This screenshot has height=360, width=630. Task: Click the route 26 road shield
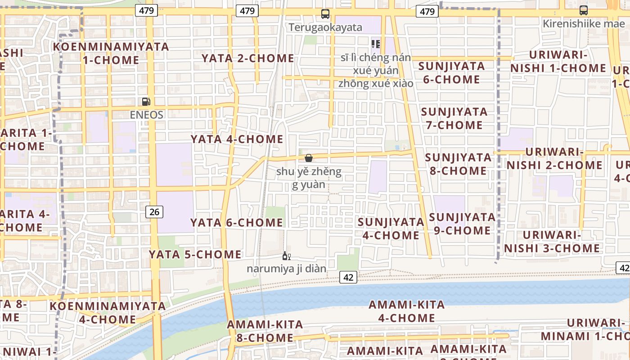[x=154, y=211]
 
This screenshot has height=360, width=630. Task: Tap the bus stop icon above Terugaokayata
[x=325, y=14]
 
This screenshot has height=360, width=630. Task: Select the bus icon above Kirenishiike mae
[x=583, y=10]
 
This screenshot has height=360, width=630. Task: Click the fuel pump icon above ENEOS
[x=146, y=102]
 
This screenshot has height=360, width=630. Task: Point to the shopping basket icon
[x=309, y=158]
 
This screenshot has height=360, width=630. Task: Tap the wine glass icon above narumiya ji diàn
[x=286, y=256]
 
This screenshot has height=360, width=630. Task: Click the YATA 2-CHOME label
[x=247, y=58]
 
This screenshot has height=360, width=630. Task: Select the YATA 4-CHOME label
[x=237, y=139]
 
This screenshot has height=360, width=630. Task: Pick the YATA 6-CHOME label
[x=236, y=222]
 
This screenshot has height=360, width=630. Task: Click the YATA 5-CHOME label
[x=195, y=254]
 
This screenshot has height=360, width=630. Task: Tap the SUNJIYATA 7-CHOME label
[x=454, y=118]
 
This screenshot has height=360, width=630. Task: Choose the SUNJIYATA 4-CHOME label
[x=391, y=229]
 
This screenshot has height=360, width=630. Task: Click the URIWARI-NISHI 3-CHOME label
[x=552, y=242]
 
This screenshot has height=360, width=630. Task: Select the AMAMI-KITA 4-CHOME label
[x=407, y=311]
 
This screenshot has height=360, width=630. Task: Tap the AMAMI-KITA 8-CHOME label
[x=265, y=331]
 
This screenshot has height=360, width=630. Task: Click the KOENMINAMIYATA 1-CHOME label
[x=111, y=53]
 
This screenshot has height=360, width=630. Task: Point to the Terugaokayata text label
[x=325, y=27]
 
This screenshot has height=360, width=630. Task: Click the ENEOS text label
[x=146, y=115]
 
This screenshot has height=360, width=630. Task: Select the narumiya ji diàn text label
[x=286, y=269]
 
